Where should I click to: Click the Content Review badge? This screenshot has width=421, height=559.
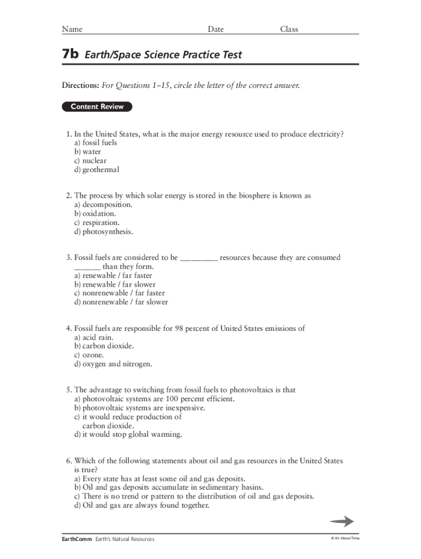pos(97,107)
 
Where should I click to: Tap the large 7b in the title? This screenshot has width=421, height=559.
pos(71,55)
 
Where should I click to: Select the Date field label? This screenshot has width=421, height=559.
pos(215,29)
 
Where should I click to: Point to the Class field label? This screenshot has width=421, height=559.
pos(289,29)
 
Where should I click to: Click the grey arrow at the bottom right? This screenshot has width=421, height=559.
pos(341,521)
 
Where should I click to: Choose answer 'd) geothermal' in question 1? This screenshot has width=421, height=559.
pos(97,170)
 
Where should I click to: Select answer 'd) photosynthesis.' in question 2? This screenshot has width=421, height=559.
pos(103,231)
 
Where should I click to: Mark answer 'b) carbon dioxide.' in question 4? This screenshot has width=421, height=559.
pos(104,346)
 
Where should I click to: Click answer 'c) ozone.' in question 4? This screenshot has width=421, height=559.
pos(89,355)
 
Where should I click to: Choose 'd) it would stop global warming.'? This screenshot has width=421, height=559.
pos(128,435)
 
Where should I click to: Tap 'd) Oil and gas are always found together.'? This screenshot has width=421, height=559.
pos(142,506)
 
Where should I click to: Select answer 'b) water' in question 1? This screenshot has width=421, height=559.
pos(87,152)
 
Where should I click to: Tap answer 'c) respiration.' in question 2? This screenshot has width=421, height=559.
pos(97,223)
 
